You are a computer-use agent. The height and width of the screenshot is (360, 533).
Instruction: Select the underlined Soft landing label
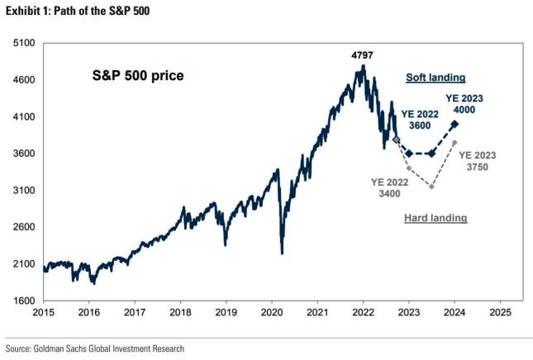coord(435,78)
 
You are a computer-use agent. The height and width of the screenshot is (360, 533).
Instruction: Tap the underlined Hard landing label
coord(435,218)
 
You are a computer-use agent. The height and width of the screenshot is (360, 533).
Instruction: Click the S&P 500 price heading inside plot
coord(137,76)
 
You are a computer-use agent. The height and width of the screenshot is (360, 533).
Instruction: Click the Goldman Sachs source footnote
coord(95,349)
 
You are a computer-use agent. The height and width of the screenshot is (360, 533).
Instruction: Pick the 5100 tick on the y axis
coord(22,43)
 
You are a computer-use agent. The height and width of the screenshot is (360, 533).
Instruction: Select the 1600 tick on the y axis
coord(22,301)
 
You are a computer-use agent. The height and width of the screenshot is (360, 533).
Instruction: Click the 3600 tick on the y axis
coord(22,154)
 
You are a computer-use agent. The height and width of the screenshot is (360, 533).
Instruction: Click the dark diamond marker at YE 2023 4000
coord(454,124)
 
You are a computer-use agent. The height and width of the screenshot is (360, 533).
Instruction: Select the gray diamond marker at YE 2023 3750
coord(454,143)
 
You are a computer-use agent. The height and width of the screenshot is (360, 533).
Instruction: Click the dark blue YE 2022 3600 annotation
coord(421,120)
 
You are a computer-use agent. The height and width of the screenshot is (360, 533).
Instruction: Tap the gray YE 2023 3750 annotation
coord(478,160)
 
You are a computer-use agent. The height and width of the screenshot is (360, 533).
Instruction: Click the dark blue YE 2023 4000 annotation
coord(464,103)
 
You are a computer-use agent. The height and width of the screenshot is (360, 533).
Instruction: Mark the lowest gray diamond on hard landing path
coord(431,187)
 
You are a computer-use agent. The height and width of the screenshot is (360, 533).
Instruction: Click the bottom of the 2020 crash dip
coord(283,253)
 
